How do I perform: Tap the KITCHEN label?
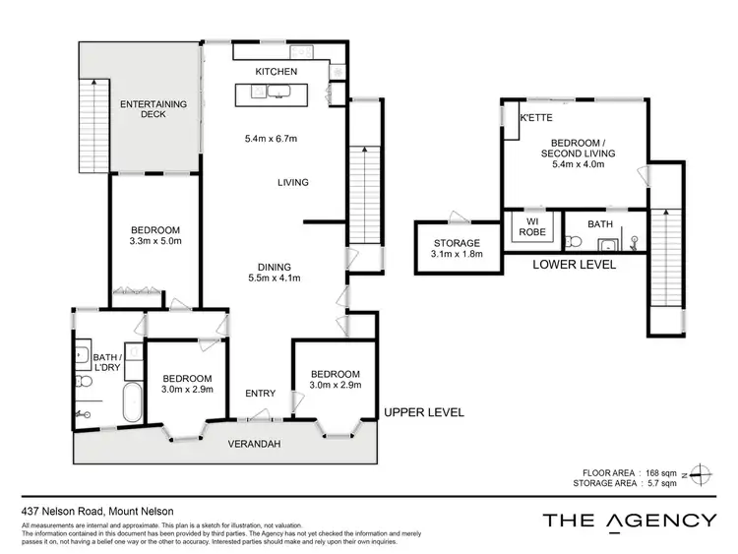(x=276, y=73)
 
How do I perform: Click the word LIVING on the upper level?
(x=293, y=182)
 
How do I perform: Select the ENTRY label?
(x=260, y=394)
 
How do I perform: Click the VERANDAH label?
(x=256, y=445)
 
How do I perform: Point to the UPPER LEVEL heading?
(x=423, y=412)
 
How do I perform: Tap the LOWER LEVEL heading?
(x=574, y=265)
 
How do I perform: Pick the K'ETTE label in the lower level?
(x=536, y=119)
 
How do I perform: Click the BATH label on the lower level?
(x=600, y=224)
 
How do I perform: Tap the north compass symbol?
(x=699, y=473)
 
